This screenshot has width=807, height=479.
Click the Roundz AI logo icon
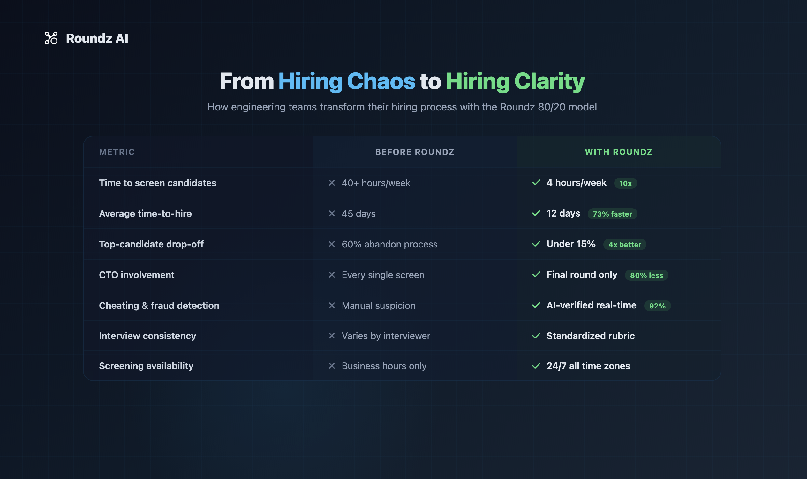point(51,38)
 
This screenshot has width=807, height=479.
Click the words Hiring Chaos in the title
point(347,81)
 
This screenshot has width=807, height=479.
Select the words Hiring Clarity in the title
point(515,81)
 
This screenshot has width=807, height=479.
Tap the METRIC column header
point(117,152)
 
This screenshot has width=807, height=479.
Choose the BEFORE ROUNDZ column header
point(415,152)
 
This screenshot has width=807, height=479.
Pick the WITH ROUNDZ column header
point(619,152)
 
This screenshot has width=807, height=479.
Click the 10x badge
point(625,183)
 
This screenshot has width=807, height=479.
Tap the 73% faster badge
point(612,214)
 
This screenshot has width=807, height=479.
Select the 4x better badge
point(625,245)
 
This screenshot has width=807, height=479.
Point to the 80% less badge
point(646,275)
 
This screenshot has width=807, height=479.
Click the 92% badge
point(657,306)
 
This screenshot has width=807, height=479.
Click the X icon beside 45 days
point(332,213)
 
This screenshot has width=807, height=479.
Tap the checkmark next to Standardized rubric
point(536,336)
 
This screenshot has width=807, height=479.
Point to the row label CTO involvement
point(137,275)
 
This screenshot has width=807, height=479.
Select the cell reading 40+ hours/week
point(376,183)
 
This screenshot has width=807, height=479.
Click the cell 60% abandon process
point(389,244)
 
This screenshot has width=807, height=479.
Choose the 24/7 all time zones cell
point(588,366)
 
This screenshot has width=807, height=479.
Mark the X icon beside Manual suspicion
point(332,305)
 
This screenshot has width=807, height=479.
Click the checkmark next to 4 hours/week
point(536,183)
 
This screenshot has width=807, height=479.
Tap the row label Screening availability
point(146,366)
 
